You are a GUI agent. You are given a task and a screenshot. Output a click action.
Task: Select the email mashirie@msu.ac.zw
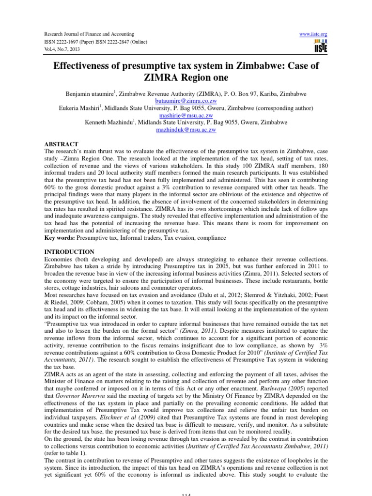(x=186, y=116)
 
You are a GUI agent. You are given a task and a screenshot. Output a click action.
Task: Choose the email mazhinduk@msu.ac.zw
(x=186, y=130)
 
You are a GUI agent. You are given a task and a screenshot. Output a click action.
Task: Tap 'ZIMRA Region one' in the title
(x=186, y=78)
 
